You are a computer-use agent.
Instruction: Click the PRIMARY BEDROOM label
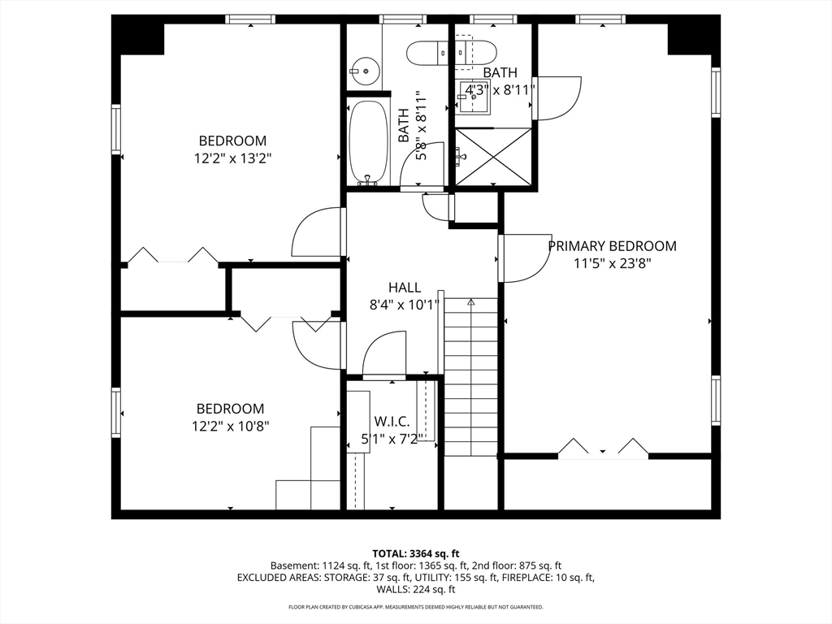612,246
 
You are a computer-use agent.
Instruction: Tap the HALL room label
405,288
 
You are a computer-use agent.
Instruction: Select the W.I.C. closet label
392,422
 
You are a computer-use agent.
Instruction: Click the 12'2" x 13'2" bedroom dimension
233,158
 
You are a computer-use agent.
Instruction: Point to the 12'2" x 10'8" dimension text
231,426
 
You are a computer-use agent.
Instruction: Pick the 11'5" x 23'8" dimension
613,263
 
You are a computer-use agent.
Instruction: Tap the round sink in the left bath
365,71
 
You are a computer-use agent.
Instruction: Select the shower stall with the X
493,157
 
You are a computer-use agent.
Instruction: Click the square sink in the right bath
474,97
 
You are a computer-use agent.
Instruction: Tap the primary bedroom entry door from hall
526,258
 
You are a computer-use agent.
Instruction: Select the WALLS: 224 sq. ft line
416,590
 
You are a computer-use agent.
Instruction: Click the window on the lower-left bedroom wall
115,412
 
